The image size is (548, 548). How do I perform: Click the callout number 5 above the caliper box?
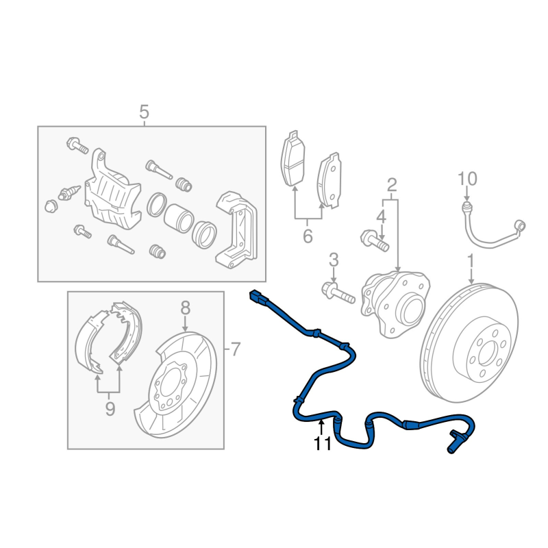click(x=144, y=112)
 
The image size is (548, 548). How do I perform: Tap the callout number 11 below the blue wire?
click(x=322, y=444)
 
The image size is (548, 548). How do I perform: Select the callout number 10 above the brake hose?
click(x=467, y=179)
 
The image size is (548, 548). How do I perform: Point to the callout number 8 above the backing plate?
click(x=185, y=308)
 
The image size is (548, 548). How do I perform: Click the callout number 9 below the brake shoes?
click(x=110, y=409)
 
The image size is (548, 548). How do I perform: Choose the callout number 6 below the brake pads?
click(x=308, y=236)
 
